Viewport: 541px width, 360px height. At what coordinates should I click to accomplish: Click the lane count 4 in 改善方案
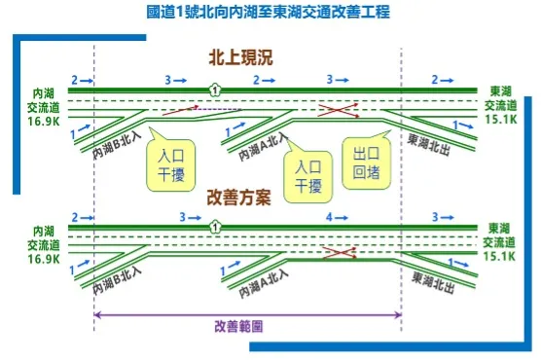click(x=331, y=217)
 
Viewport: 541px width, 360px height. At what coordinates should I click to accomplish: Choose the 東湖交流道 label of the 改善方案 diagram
click(x=501, y=240)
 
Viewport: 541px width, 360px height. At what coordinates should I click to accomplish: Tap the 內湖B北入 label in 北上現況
click(x=115, y=144)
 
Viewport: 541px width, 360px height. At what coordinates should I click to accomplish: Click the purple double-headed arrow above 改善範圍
click(x=247, y=314)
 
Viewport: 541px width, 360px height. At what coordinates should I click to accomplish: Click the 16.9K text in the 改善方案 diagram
click(x=44, y=260)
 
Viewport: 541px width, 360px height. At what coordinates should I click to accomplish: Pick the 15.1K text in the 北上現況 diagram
click(x=501, y=119)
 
